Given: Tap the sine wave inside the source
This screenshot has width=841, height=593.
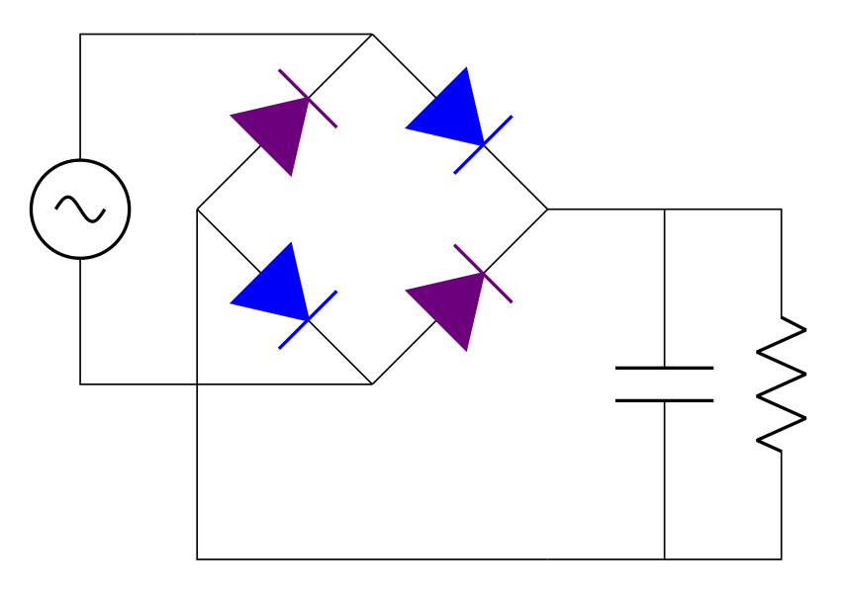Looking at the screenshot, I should [80, 209].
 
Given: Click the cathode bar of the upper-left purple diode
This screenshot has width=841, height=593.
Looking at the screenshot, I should [308, 98].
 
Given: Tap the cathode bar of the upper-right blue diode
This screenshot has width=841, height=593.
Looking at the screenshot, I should [484, 144].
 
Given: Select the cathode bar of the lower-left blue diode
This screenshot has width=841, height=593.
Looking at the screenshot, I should [308, 319].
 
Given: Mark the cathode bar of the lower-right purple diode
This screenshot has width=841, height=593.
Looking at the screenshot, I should [484, 273].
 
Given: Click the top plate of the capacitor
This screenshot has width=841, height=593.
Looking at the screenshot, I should [665, 368].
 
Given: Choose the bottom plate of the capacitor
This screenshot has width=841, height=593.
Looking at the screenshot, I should [665, 400].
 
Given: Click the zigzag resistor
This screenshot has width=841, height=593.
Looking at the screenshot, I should [782, 383].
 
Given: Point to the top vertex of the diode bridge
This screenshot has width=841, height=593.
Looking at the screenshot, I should [372, 35].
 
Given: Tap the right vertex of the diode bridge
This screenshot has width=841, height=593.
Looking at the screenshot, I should [547, 210].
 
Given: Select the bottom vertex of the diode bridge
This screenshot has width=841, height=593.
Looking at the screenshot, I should [372, 383].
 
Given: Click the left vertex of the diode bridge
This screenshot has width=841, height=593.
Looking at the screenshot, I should [198, 210].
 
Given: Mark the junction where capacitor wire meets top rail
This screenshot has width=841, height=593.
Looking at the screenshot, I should [665, 210].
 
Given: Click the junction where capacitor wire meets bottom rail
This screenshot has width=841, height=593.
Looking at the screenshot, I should [665, 558].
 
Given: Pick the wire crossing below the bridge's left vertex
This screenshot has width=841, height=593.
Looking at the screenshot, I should [198, 383].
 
